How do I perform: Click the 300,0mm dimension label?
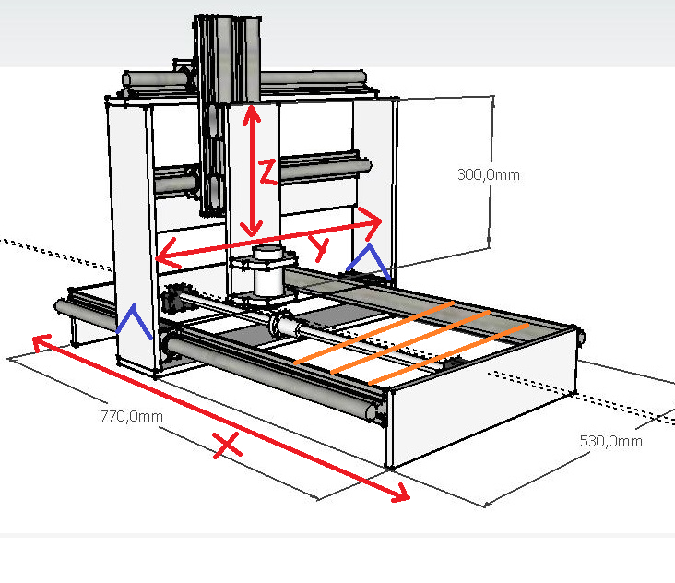(489, 173)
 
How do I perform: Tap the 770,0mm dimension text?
(131, 416)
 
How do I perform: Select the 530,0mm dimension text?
(610, 441)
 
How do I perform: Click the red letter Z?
(267, 172)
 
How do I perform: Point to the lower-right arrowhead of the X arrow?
(403, 495)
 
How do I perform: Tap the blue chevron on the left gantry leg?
(136, 322)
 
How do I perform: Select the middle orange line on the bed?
(409, 342)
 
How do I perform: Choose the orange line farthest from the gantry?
(449, 354)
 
